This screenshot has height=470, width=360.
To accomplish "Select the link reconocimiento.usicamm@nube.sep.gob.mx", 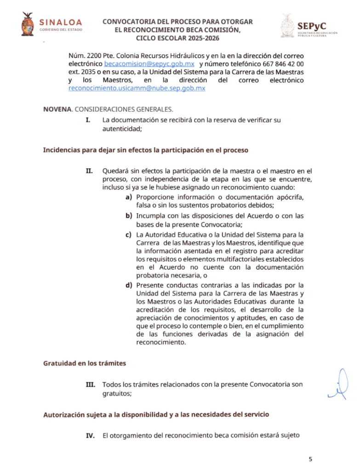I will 137,88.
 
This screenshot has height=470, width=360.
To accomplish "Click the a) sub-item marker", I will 128,197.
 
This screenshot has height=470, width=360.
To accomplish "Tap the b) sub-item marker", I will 128,216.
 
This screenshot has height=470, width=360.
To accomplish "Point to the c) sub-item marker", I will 128,235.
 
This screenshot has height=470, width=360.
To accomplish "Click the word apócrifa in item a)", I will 289,197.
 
